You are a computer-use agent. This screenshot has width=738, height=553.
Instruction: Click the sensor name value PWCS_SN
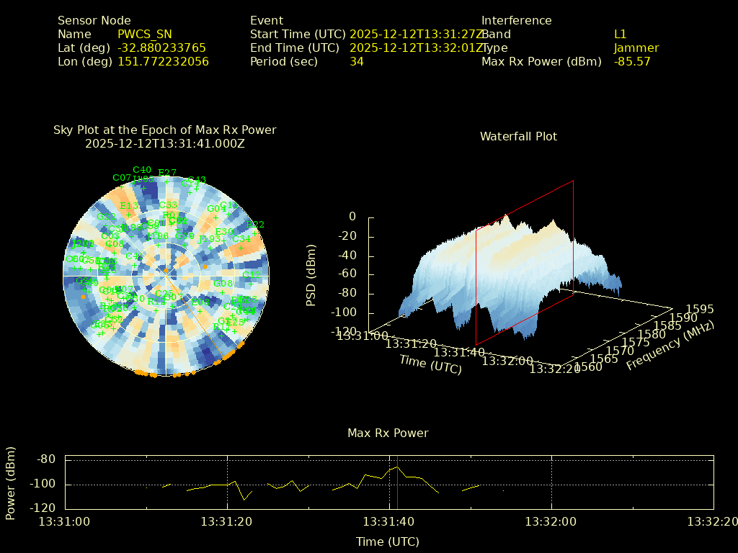click(x=145, y=34)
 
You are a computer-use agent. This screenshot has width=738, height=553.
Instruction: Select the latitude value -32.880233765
click(x=161, y=48)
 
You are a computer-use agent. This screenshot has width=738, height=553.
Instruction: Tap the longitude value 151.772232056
click(x=163, y=61)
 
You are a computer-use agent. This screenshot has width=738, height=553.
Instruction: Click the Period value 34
click(x=357, y=61)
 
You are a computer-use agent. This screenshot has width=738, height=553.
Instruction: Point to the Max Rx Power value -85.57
click(x=632, y=61)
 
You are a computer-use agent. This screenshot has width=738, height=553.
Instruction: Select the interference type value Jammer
click(x=636, y=48)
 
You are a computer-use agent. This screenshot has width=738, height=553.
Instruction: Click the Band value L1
click(x=621, y=34)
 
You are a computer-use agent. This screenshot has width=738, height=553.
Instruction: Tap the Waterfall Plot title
click(x=518, y=136)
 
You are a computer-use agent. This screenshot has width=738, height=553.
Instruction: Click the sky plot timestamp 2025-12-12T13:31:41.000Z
click(x=165, y=143)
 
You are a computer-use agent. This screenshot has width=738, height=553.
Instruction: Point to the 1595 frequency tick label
click(x=700, y=309)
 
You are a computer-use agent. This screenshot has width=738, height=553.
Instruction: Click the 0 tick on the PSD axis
click(x=352, y=217)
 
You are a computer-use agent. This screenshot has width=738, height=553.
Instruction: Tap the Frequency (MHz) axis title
click(x=670, y=346)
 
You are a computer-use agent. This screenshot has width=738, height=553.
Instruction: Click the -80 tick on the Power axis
click(x=47, y=459)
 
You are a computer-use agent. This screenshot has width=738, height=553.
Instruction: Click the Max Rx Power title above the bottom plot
click(x=388, y=433)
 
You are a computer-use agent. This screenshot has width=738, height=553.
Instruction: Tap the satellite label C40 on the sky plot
click(x=142, y=170)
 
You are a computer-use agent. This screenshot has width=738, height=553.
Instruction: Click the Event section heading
click(x=267, y=20)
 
